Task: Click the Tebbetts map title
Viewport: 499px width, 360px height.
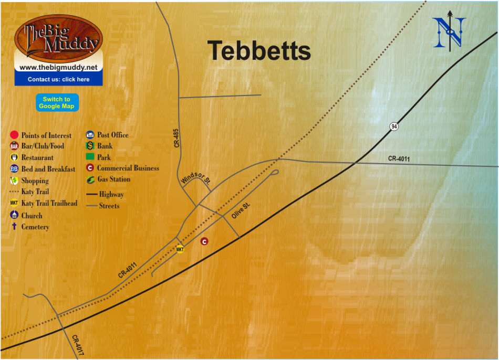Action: coord(259,51)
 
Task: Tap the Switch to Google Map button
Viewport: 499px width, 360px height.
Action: coord(57,102)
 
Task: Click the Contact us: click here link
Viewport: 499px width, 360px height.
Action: coord(58,79)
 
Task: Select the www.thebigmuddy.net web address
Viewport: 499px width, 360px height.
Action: coord(58,68)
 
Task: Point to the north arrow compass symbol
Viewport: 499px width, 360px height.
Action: coord(450,31)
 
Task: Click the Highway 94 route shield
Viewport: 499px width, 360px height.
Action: coord(393,126)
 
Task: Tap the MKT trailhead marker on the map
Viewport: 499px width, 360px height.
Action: coord(180,249)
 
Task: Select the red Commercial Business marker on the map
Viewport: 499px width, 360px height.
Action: coord(205,241)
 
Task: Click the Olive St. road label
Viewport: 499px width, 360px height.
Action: coord(241,210)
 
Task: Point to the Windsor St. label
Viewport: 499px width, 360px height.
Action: coord(195,178)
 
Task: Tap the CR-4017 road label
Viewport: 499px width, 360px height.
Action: coord(78,346)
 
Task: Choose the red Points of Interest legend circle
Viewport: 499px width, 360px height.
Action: coord(14,135)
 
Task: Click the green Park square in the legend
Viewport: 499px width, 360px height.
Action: coord(90,157)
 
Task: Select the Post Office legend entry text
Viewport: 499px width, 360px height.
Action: coord(112,135)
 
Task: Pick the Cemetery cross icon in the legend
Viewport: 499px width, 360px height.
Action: coord(14,227)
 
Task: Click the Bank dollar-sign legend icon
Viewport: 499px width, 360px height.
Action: coord(90,146)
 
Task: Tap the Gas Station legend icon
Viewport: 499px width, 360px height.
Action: coord(90,179)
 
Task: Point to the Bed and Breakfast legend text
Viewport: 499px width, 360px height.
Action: coord(48,169)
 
